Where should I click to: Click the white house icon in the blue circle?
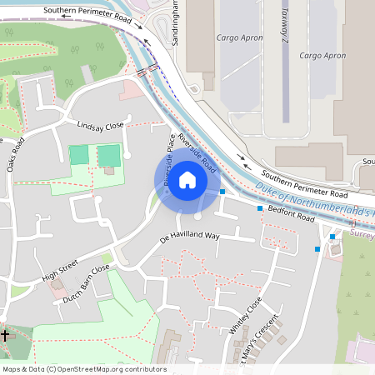click(x=187, y=180)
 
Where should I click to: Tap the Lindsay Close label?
click(x=100, y=125)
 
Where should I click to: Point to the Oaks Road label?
click(x=17, y=155)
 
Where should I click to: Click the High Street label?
click(x=59, y=268)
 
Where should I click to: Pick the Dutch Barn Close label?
click(x=87, y=284)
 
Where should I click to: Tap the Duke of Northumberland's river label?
click(x=317, y=200)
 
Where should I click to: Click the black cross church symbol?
click(x=5, y=335)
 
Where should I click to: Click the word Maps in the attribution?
click(x=12, y=369)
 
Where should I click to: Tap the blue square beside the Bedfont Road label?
click(x=260, y=209)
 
